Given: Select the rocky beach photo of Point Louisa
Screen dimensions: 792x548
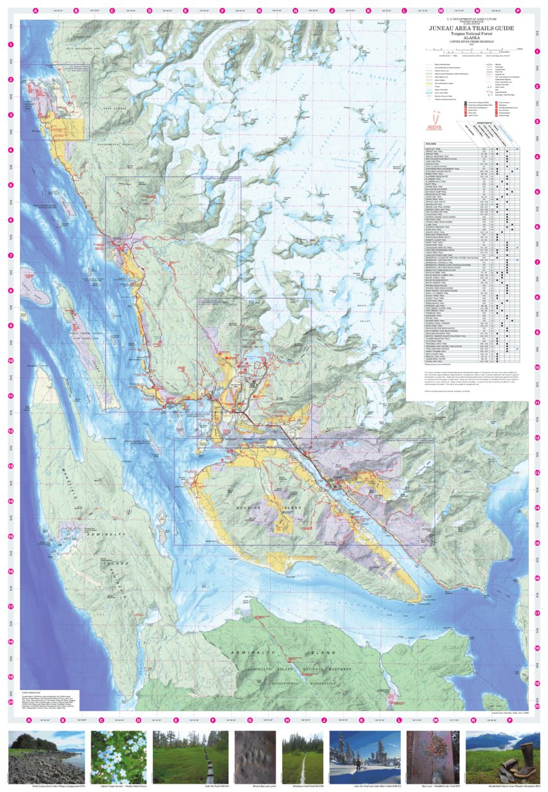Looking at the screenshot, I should [46, 758].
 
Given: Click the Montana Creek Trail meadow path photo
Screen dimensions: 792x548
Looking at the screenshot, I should [301, 758].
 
